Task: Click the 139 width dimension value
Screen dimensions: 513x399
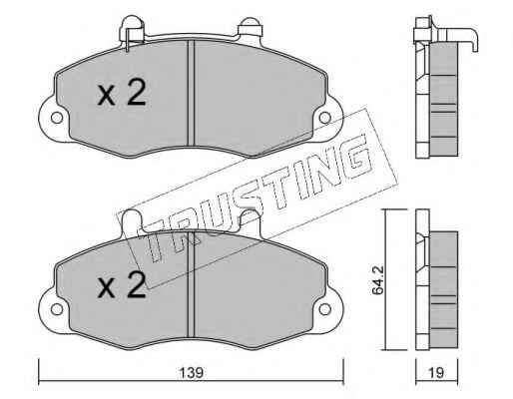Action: click(191, 372)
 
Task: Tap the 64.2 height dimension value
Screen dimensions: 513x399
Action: click(378, 280)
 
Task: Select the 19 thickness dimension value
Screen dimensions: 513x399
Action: click(436, 372)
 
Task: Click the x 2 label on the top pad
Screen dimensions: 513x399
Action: click(122, 94)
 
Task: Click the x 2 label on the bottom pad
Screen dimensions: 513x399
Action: click(122, 285)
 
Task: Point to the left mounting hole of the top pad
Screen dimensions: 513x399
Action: click(57, 118)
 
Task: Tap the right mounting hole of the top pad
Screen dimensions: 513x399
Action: click(324, 118)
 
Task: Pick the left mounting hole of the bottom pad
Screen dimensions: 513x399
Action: click(57, 309)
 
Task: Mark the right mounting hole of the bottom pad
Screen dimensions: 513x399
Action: click(324, 309)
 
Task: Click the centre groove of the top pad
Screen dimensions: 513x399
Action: click(191, 93)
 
